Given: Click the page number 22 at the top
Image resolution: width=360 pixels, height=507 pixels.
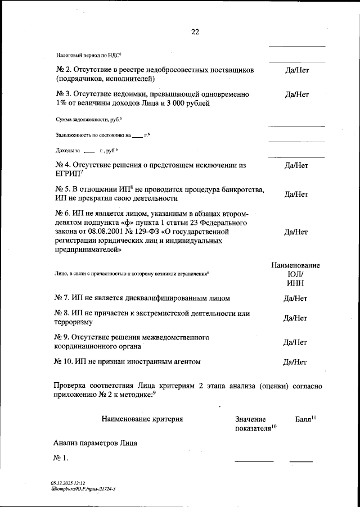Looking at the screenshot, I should click(195, 31).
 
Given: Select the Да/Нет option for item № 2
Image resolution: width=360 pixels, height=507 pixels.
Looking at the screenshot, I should click(296, 71).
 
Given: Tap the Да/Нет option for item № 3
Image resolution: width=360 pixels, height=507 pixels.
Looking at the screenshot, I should click(296, 94).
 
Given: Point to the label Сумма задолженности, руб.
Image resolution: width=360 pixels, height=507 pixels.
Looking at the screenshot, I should click(88, 120).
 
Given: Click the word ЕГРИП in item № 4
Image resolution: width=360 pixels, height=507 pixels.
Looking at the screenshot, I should click(67, 175).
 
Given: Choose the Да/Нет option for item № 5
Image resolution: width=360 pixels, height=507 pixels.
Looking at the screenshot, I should click(296, 194).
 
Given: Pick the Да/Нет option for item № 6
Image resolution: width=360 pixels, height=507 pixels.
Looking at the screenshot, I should click(296, 232).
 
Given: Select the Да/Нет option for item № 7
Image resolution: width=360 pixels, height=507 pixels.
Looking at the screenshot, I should click(296, 298).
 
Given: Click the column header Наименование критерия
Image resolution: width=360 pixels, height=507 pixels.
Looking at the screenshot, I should click(142, 419).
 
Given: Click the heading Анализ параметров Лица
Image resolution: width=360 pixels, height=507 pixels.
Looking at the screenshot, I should click(96, 443).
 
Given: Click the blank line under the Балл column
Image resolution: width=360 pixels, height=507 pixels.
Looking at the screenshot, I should click(301, 461).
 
